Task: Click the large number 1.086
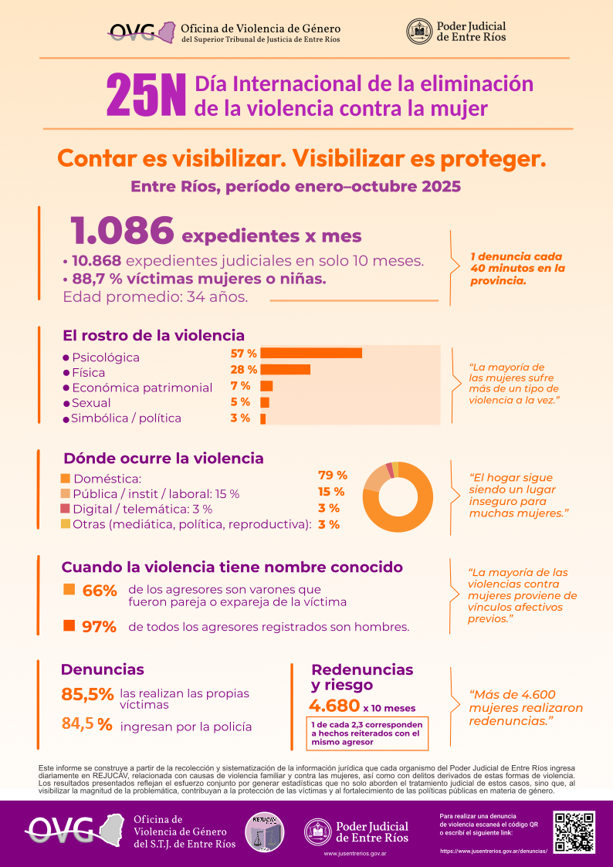[121, 230]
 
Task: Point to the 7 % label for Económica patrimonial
[240, 385]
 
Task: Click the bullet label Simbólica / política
[126, 418]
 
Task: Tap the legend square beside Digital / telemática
[66, 509]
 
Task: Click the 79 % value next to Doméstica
[332, 475]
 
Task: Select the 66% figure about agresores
[99, 591]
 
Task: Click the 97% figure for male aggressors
[99, 627]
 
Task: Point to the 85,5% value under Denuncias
[87, 695]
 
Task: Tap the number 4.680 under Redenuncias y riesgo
[334, 706]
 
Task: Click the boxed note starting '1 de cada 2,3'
[367, 733]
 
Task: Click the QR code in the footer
[575, 831]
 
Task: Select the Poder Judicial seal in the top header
[419, 31]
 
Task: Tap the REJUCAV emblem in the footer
[264, 833]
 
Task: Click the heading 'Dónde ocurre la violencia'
[163, 459]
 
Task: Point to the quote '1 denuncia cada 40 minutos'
[517, 269]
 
